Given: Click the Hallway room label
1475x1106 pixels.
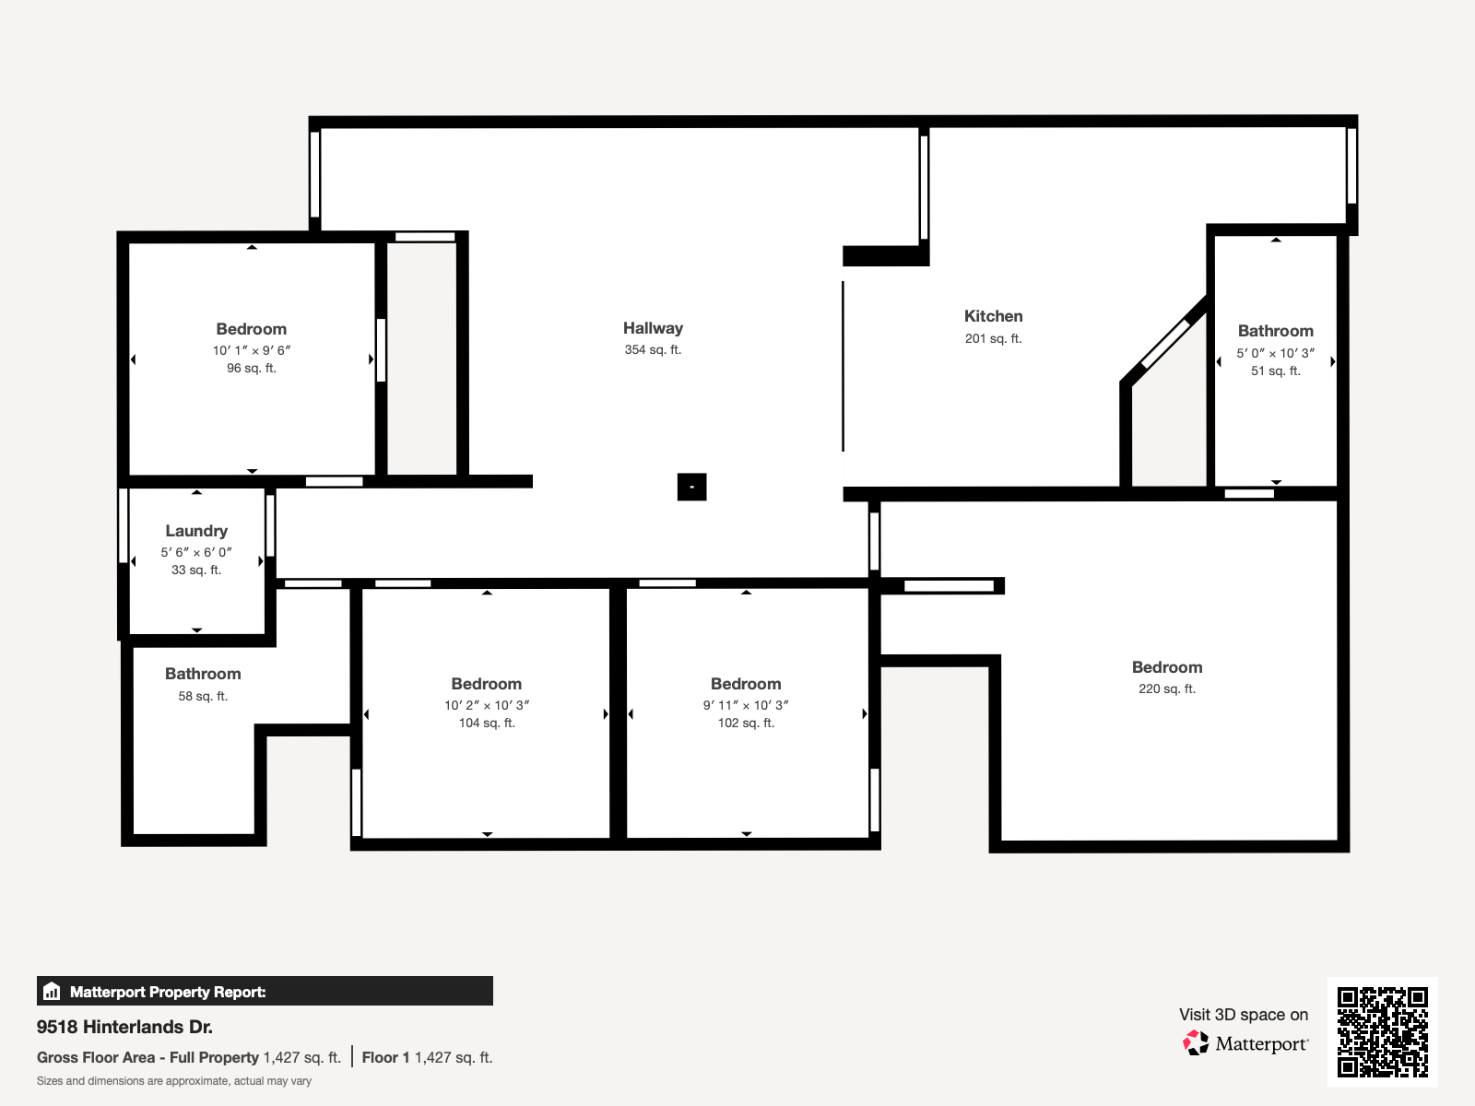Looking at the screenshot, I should (x=653, y=328).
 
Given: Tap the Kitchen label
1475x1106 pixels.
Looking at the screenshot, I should (x=993, y=316).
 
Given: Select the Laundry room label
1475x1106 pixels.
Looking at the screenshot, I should (x=196, y=531).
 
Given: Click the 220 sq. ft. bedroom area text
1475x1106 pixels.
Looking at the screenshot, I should (x=1166, y=688).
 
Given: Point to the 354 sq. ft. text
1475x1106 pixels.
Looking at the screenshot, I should (x=653, y=349).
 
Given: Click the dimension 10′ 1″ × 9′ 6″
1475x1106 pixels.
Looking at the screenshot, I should (x=251, y=350).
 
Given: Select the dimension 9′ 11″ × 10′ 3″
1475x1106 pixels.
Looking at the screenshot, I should (x=746, y=705).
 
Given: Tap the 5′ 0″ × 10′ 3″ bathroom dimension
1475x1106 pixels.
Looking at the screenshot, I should (x=1275, y=353).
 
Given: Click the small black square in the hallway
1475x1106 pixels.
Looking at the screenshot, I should (x=691, y=487).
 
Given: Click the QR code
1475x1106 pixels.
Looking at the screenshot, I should (x=1382, y=1031).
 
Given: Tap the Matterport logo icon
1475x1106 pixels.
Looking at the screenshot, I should (x=1196, y=1043).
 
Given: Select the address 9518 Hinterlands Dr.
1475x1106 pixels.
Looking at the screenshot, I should (x=124, y=1027).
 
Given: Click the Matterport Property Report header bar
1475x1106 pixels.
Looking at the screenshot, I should (x=265, y=992).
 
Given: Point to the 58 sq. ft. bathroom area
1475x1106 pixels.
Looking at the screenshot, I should (x=203, y=696).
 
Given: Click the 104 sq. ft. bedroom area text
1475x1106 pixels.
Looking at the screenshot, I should (x=487, y=723).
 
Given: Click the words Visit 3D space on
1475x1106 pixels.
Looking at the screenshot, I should (x=1243, y=1015).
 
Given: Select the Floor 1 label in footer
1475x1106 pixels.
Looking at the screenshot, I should (x=385, y=1057).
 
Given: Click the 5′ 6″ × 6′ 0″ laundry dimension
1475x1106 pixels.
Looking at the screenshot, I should (x=196, y=552).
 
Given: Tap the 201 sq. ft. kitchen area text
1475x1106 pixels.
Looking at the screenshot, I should (x=993, y=338).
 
